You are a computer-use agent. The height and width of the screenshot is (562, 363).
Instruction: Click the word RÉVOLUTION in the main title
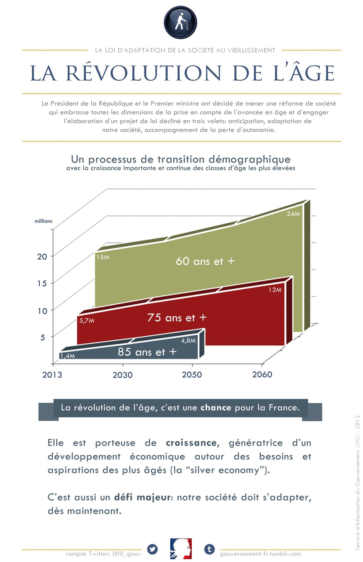[x=143, y=73]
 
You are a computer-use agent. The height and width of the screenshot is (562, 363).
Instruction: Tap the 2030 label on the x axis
[x=122, y=375]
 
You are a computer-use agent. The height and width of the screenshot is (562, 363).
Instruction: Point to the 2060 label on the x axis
[x=262, y=374]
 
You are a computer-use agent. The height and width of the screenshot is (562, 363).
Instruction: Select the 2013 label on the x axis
[x=52, y=375]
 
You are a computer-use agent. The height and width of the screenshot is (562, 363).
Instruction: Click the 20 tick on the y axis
[x=42, y=257]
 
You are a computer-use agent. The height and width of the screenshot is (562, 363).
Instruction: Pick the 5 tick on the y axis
[x=43, y=337]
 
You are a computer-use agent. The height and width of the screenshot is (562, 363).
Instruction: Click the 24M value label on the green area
[x=293, y=214]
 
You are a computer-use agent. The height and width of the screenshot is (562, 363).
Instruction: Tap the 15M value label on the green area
[x=103, y=257]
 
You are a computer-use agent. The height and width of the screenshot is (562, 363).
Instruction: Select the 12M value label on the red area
[x=275, y=290]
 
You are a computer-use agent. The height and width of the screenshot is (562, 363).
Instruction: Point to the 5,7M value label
[x=87, y=321]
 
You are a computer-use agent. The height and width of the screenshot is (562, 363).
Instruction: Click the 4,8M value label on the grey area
[x=188, y=340]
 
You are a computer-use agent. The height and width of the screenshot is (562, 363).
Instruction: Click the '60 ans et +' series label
[x=205, y=261]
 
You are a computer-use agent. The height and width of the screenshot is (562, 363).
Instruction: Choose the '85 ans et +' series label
[x=147, y=352]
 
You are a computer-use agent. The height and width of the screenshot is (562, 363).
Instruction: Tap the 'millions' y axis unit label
[x=43, y=221]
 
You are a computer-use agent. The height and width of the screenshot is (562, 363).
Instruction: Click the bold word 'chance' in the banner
[x=216, y=407]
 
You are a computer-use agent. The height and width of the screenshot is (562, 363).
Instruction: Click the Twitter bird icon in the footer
[x=152, y=549]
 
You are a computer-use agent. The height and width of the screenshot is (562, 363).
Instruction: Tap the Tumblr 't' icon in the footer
[x=209, y=549]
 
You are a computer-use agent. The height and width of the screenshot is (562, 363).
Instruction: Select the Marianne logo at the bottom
[x=181, y=549]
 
